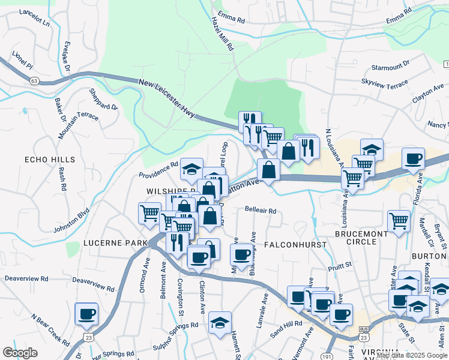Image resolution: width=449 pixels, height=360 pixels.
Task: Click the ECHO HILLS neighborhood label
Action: [50, 160]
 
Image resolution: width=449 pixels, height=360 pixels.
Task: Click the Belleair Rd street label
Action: [260, 211]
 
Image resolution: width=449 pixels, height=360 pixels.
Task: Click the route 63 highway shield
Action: [34, 79]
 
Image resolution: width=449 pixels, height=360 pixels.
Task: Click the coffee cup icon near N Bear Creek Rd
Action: [86, 313]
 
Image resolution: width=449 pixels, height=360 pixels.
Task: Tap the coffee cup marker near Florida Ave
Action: [413, 158]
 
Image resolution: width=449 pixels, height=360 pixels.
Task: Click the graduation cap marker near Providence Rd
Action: [191, 170]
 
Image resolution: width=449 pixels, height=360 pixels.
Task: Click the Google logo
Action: [20, 353]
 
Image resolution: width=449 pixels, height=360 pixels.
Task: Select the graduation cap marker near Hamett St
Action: [220, 322]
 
